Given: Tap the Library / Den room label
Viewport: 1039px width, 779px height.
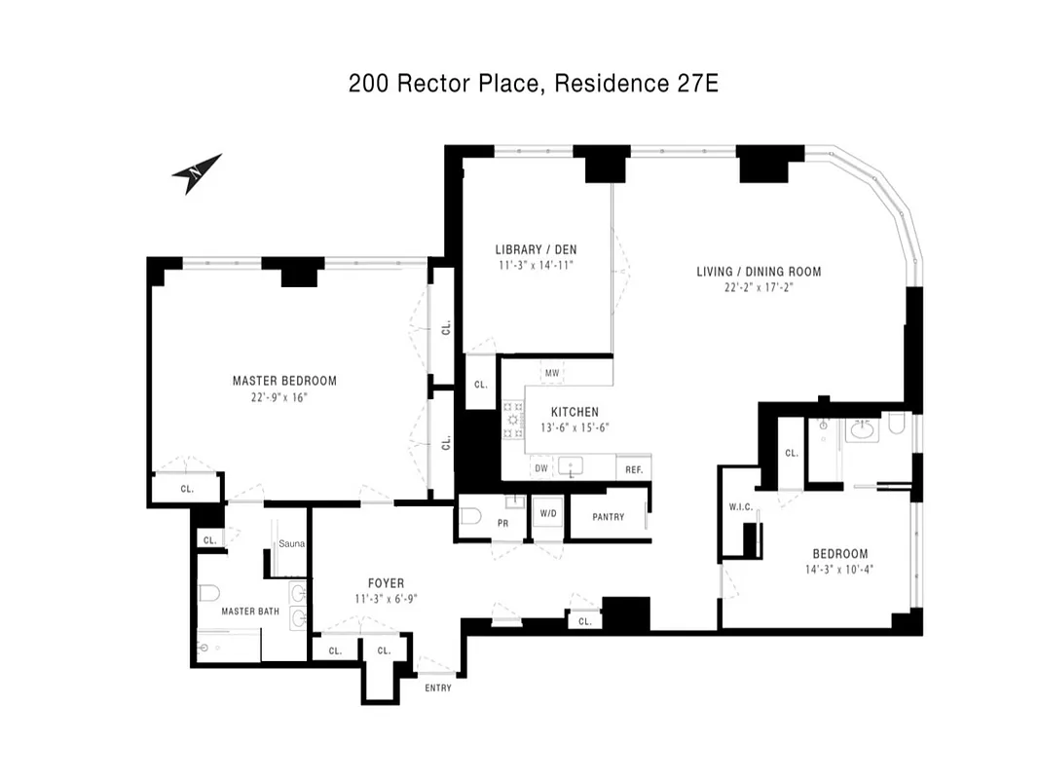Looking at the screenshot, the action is (535, 249).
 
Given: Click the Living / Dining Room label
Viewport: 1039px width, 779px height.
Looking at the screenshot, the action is (759, 272).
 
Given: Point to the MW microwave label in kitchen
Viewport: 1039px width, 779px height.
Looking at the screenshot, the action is (552, 373).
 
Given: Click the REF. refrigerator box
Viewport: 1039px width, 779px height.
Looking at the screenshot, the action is (634, 469).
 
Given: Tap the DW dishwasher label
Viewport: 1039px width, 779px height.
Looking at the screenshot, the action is (541, 468).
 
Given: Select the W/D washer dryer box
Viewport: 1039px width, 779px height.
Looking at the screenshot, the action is (547, 514).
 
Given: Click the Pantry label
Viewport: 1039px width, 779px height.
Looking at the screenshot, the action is (608, 517).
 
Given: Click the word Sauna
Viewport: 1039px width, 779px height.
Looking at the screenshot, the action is (292, 543).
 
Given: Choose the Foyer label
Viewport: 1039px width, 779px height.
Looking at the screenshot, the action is (386, 583).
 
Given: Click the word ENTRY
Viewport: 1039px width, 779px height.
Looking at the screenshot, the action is (437, 688).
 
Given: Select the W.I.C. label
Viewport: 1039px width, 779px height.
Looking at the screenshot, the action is (738, 506).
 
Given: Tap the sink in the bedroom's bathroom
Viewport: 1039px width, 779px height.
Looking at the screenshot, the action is (862, 427).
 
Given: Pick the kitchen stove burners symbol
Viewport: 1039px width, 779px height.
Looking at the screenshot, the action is (512, 419).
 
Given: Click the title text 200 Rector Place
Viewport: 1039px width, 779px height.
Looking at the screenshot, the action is (443, 84).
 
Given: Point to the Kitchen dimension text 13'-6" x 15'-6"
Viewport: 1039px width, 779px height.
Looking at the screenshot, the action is (575, 427).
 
